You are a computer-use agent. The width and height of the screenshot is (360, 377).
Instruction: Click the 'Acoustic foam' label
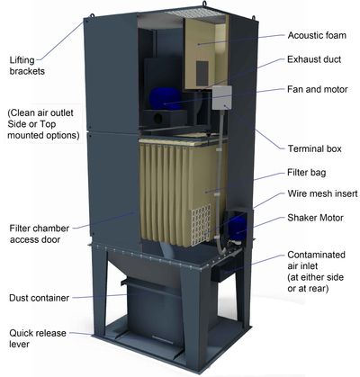(x=317, y=35)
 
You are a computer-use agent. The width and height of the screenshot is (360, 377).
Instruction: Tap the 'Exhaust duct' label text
(x=314, y=59)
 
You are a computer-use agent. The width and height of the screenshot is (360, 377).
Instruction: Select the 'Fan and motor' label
(x=318, y=89)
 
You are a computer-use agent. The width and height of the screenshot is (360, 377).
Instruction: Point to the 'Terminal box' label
(x=315, y=148)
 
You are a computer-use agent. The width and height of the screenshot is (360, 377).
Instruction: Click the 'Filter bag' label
(x=307, y=173)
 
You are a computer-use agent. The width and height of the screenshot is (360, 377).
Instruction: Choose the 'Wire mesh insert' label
(x=322, y=193)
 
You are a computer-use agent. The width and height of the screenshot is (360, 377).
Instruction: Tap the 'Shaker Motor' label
(x=315, y=218)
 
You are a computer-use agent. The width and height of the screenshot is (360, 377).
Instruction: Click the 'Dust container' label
(x=39, y=298)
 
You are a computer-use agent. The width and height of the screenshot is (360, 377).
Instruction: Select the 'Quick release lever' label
(x=38, y=338)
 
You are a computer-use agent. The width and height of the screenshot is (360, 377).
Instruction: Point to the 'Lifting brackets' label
(x=27, y=66)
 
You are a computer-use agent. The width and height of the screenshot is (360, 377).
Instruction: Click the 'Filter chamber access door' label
(x=39, y=234)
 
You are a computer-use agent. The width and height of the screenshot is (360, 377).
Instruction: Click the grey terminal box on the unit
(x=222, y=97)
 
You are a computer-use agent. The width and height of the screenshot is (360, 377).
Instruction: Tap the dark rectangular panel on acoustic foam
(x=202, y=73)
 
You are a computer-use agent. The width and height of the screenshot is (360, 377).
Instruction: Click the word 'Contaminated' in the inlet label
(x=316, y=255)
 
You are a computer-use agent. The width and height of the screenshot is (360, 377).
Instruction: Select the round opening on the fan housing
(x=157, y=118)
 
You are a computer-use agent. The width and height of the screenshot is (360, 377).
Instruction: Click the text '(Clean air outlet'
(x=40, y=113)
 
